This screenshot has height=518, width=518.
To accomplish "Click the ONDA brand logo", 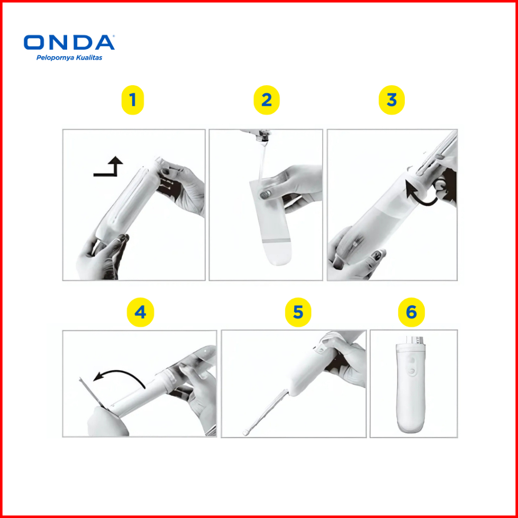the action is click(69, 43).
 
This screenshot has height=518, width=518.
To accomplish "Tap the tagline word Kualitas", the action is click(89, 58).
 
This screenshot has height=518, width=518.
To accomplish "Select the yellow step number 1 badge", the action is click(133, 100).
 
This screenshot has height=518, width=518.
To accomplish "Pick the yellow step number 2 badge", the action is click(267, 100).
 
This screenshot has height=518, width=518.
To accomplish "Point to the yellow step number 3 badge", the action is click(392, 100).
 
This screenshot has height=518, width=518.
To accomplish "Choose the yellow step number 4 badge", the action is click(140, 312).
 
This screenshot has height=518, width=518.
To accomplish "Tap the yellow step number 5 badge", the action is click(298, 312).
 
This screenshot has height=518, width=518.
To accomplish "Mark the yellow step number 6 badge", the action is click(411, 312).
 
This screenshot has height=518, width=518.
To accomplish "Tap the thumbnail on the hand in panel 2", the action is click(265, 194).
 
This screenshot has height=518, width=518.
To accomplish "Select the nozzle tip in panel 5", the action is click(245, 433).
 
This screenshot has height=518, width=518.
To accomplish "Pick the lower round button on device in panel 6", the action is click(412, 372).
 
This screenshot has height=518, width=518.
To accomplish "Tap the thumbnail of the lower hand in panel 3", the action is click(377, 255).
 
